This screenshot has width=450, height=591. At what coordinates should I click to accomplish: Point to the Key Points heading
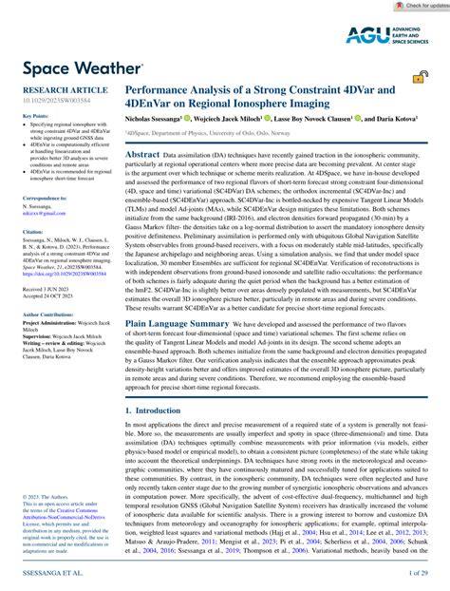(34, 116)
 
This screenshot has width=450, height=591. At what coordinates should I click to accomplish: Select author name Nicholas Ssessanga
(159, 121)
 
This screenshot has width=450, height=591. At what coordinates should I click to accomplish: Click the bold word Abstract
(142, 153)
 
